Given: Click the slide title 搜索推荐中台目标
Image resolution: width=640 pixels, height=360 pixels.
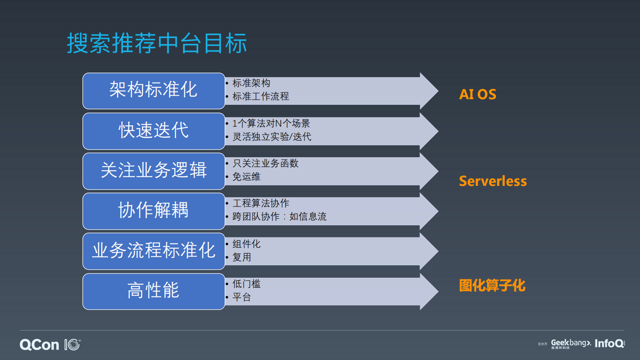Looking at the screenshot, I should click(157, 43).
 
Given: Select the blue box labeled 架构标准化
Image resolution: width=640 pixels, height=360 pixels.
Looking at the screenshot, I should click(154, 91).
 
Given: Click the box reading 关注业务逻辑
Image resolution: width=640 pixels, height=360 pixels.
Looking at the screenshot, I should click(154, 171).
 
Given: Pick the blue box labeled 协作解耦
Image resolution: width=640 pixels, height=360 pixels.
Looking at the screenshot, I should click(154, 211).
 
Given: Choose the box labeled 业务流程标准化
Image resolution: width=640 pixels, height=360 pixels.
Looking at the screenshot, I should click(154, 251).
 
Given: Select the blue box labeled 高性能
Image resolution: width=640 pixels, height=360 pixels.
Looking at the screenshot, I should click(154, 291).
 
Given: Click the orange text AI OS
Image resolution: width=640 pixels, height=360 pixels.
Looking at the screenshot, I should click(477, 94).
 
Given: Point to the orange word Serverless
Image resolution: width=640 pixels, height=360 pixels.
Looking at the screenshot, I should click(492, 181).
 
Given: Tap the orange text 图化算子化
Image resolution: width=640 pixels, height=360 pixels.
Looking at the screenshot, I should click(492, 285).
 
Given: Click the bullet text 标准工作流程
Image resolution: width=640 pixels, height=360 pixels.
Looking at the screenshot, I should click(261, 96).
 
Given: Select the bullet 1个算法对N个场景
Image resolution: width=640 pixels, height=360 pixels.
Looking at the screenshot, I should click(271, 123).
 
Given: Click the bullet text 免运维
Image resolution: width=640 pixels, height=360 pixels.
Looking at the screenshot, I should click(246, 177).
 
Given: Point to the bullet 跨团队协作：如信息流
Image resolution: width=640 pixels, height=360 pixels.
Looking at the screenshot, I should click(279, 216).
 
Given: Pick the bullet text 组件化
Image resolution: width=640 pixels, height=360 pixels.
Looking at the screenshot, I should click(246, 244).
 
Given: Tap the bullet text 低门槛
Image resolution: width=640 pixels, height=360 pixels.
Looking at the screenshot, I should click(246, 284).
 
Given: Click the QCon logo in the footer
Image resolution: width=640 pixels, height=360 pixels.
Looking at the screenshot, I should click(50, 345).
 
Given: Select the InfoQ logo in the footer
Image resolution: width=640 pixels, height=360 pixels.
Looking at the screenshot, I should click(609, 343).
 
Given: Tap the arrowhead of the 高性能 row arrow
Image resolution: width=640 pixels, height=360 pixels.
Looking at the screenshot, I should click(429, 291).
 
